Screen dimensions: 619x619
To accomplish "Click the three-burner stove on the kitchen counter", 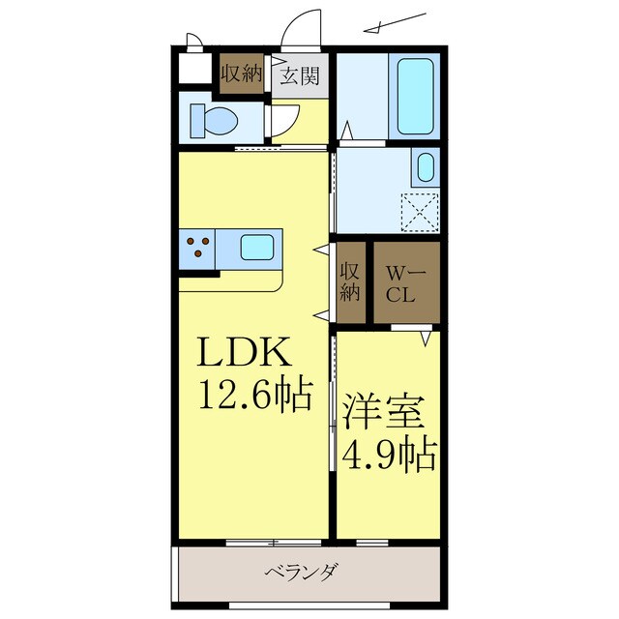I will [x=196, y=248].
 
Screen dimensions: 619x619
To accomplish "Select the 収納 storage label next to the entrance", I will [x=242, y=74].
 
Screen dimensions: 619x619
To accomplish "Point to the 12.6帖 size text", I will [x=255, y=394].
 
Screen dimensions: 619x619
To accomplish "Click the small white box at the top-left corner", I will [x=194, y=67].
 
